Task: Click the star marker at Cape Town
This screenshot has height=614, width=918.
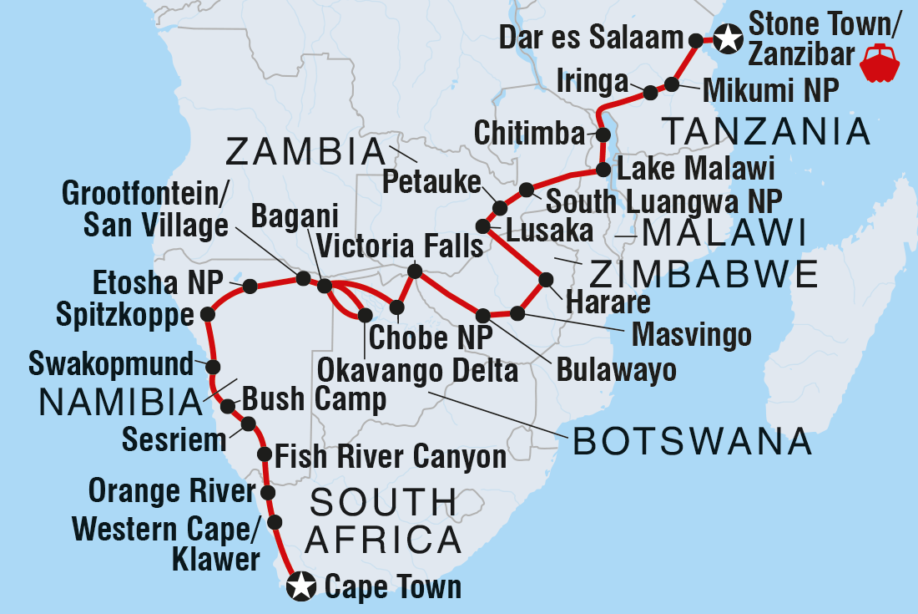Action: (x=300, y=586)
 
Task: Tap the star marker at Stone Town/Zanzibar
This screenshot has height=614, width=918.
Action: (x=728, y=38)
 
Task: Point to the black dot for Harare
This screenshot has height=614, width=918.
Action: (x=547, y=279)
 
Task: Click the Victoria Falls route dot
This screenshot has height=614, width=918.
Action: (x=414, y=271)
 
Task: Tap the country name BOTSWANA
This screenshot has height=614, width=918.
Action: (x=692, y=441)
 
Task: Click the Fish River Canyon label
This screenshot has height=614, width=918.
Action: (x=390, y=457)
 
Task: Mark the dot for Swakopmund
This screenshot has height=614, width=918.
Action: (x=213, y=367)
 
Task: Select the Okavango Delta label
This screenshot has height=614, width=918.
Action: (x=416, y=370)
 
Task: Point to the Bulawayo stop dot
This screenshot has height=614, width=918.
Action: (x=483, y=316)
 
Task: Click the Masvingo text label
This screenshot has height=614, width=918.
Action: (x=692, y=336)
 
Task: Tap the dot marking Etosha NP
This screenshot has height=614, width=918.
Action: (x=249, y=287)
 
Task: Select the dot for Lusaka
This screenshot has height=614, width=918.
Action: (x=482, y=226)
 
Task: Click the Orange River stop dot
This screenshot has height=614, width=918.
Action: (x=268, y=493)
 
